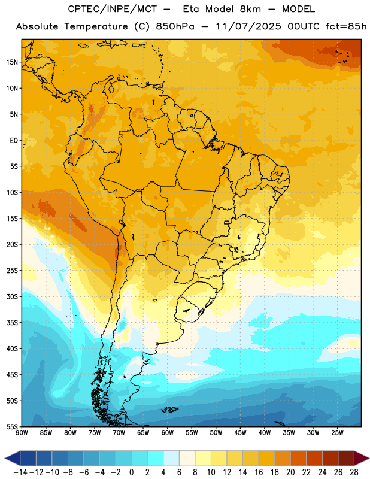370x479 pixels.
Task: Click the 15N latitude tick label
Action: (12, 62)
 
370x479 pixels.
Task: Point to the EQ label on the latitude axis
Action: (14, 141)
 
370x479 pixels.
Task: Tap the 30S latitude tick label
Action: (12, 296)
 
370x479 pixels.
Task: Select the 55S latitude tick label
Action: (12, 426)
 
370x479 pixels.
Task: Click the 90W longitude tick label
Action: (22, 433)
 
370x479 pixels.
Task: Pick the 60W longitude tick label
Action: (168, 433)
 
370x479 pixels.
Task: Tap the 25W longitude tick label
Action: (337, 433)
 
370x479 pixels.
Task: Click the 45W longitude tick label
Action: (240, 433)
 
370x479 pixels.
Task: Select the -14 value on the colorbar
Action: (20, 472)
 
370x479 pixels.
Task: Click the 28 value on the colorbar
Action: (354, 472)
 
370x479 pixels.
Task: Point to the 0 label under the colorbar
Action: (132, 472)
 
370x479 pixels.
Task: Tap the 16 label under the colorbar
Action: (259, 472)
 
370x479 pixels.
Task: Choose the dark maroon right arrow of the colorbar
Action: (362, 458)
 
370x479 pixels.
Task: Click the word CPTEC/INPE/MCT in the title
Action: (113, 9)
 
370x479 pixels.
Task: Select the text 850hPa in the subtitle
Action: (175, 26)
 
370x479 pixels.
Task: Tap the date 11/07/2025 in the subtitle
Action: (248, 26)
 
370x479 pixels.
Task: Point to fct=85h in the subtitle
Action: (346, 26)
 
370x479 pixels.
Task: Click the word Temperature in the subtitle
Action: (96, 27)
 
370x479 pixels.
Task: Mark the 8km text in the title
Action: (250, 9)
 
